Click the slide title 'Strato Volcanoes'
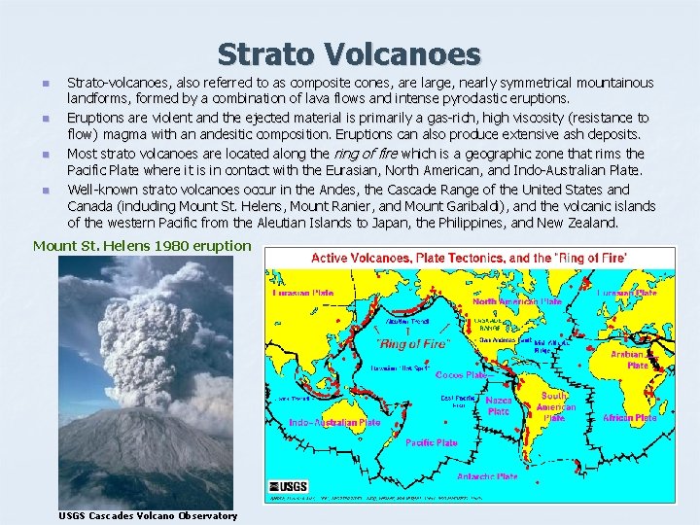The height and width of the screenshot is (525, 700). pyautogui.click(x=349, y=53)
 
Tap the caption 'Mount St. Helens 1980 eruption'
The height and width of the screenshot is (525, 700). pyautogui.click(x=142, y=245)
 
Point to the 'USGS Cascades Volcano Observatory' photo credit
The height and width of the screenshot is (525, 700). pyautogui.click(x=148, y=515)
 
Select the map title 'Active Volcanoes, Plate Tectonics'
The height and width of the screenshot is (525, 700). pyautogui.click(x=468, y=257)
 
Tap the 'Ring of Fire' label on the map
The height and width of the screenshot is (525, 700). pyautogui.click(x=414, y=344)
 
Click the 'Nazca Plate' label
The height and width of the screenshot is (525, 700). pyautogui.click(x=498, y=405)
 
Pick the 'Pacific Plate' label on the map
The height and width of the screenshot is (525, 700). pyautogui.click(x=432, y=442)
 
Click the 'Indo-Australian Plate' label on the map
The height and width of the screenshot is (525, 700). pyautogui.click(x=334, y=423)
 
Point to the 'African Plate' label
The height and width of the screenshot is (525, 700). pyautogui.click(x=629, y=417)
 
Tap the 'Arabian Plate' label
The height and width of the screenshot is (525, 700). pyautogui.click(x=637, y=361)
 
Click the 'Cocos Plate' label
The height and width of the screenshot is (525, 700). pyautogui.click(x=461, y=375)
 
